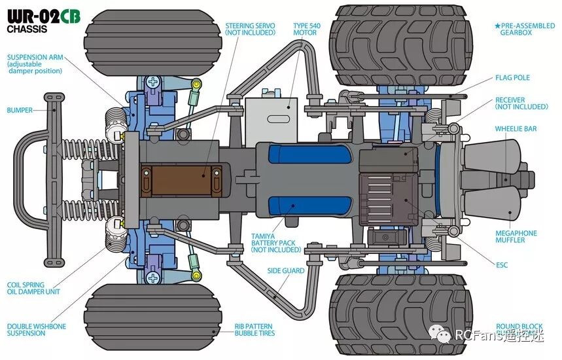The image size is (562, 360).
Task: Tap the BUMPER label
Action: point(20,110)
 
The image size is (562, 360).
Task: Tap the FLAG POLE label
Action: point(512,78)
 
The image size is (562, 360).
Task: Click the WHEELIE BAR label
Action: point(516,129)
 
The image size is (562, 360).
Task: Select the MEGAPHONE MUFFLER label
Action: point(516,236)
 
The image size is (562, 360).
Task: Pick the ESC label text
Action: point(502,265)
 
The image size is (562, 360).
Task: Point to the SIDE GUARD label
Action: point(286,270)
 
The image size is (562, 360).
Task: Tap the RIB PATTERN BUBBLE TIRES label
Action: point(255,329)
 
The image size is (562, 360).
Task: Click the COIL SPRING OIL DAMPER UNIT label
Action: point(33,288)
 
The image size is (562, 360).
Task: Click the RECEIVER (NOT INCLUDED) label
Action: point(521,103)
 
